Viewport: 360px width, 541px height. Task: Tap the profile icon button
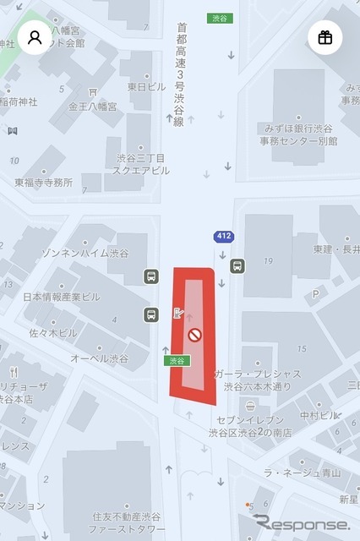35,37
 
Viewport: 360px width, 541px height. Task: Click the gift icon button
325,37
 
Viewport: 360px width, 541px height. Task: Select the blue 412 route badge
223,238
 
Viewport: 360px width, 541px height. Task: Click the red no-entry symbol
194,336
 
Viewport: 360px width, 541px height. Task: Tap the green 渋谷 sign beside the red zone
176,360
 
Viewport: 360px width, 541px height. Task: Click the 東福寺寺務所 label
43,182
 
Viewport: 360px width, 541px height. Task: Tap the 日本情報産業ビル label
61,297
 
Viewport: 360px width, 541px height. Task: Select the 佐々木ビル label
52,332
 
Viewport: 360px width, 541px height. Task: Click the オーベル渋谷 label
100,358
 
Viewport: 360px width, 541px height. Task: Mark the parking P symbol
316,293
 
